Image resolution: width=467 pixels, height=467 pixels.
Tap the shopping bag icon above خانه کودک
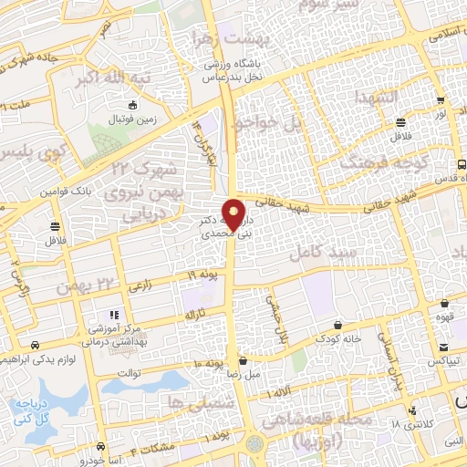coord(338,324)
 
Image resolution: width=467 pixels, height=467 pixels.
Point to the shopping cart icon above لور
coord(441,100)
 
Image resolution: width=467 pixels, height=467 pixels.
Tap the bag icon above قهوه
coord(441,306)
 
